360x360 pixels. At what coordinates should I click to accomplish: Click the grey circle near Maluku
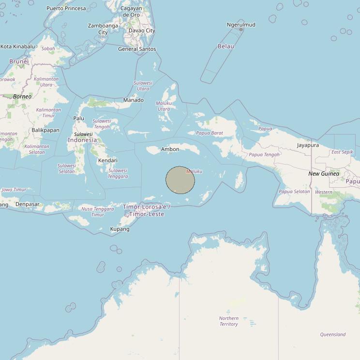click(180, 180)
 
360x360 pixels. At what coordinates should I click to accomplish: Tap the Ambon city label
click(170, 149)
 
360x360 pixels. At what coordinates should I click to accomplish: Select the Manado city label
click(133, 100)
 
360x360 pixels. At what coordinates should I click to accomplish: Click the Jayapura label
click(308, 145)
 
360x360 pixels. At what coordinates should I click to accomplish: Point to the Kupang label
click(120, 229)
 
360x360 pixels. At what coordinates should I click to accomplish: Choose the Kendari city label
click(107, 160)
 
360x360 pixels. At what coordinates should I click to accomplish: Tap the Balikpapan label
click(45, 130)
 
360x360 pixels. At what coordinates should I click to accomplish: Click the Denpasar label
click(27, 204)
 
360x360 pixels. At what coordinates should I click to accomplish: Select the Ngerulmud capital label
click(241, 25)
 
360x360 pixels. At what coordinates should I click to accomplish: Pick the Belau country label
click(226, 46)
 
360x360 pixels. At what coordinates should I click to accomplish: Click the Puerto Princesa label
click(66, 8)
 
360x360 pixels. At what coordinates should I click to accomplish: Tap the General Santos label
click(137, 49)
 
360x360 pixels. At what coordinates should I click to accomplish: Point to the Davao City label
click(142, 30)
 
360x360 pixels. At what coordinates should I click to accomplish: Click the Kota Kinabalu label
click(18, 46)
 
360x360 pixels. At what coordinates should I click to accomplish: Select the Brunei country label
click(19, 61)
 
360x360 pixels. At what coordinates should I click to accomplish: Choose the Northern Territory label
click(228, 321)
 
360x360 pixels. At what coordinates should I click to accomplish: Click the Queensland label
click(333, 334)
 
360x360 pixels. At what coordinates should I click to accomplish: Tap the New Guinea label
click(324, 174)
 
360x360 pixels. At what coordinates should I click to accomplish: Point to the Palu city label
click(78, 118)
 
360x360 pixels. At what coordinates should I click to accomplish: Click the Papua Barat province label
click(210, 133)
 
